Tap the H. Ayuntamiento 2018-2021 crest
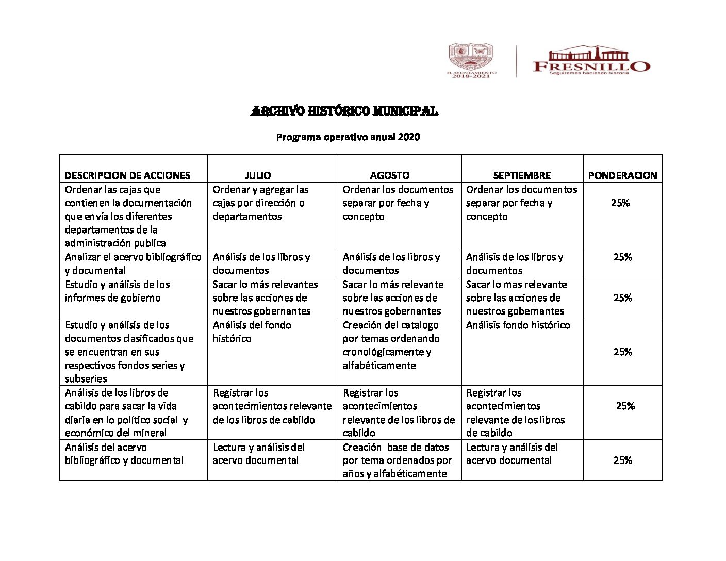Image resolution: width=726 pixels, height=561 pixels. (x=471, y=60)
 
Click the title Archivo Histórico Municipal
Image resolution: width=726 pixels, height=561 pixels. (x=344, y=111)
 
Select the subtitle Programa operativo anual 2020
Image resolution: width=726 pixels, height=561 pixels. (x=348, y=137)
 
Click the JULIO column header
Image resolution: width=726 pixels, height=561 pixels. (x=258, y=175)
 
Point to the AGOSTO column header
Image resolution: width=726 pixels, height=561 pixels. (x=390, y=175)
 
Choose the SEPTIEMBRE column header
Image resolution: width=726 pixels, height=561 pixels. (x=522, y=175)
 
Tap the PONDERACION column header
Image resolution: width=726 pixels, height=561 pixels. (x=622, y=175)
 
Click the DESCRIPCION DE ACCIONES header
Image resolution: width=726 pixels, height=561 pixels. (x=127, y=175)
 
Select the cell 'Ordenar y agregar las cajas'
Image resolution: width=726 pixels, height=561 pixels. (x=261, y=203)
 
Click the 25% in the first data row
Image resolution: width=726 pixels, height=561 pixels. (x=620, y=203)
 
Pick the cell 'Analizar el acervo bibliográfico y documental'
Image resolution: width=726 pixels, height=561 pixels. (x=133, y=263)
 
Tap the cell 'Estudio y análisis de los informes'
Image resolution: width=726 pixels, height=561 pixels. (x=117, y=291)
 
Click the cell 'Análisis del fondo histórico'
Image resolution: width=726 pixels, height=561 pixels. (x=252, y=332)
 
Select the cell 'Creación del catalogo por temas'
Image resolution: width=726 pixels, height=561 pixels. (x=391, y=345)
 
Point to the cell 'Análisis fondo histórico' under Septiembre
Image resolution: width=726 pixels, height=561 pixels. (x=518, y=325)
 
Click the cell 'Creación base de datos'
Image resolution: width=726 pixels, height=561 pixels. (x=397, y=460)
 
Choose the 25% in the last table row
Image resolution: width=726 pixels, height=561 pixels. (x=622, y=460)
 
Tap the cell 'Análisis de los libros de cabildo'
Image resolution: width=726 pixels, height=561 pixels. (x=126, y=412)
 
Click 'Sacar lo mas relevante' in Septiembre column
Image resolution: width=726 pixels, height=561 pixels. (x=516, y=298)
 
